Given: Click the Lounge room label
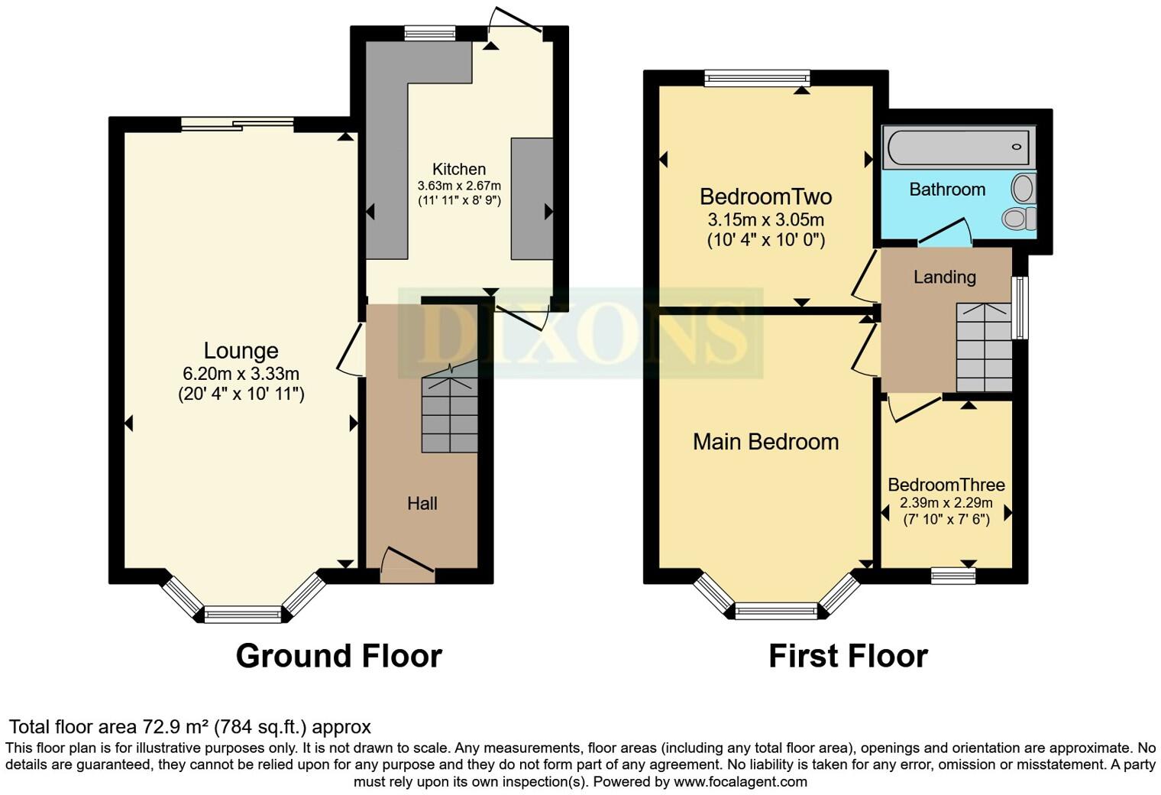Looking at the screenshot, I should (x=241, y=351).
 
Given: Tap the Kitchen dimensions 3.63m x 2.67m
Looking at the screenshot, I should (x=459, y=186).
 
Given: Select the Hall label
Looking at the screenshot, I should (x=422, y=503).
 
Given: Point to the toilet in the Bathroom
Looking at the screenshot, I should (x=1018, y=219).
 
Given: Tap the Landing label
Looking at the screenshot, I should (x=944, y=277).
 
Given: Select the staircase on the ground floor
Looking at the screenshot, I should (x=450, y=413).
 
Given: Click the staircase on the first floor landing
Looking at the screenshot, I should (x=984, y=348).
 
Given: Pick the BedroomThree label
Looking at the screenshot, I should (x=946, y=485).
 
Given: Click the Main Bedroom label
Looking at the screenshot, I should (x=765, y=442).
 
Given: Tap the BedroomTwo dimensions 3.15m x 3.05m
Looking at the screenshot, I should (x=765, y=220).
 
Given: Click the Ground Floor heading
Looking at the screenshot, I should (x=338, y=656).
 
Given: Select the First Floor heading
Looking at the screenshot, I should (x=848, y=656).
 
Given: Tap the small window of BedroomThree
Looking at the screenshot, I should (x=953, y=576).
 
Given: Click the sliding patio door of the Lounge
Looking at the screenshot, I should (x=238, y=124).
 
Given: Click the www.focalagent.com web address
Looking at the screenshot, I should (x=740, y=781).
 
